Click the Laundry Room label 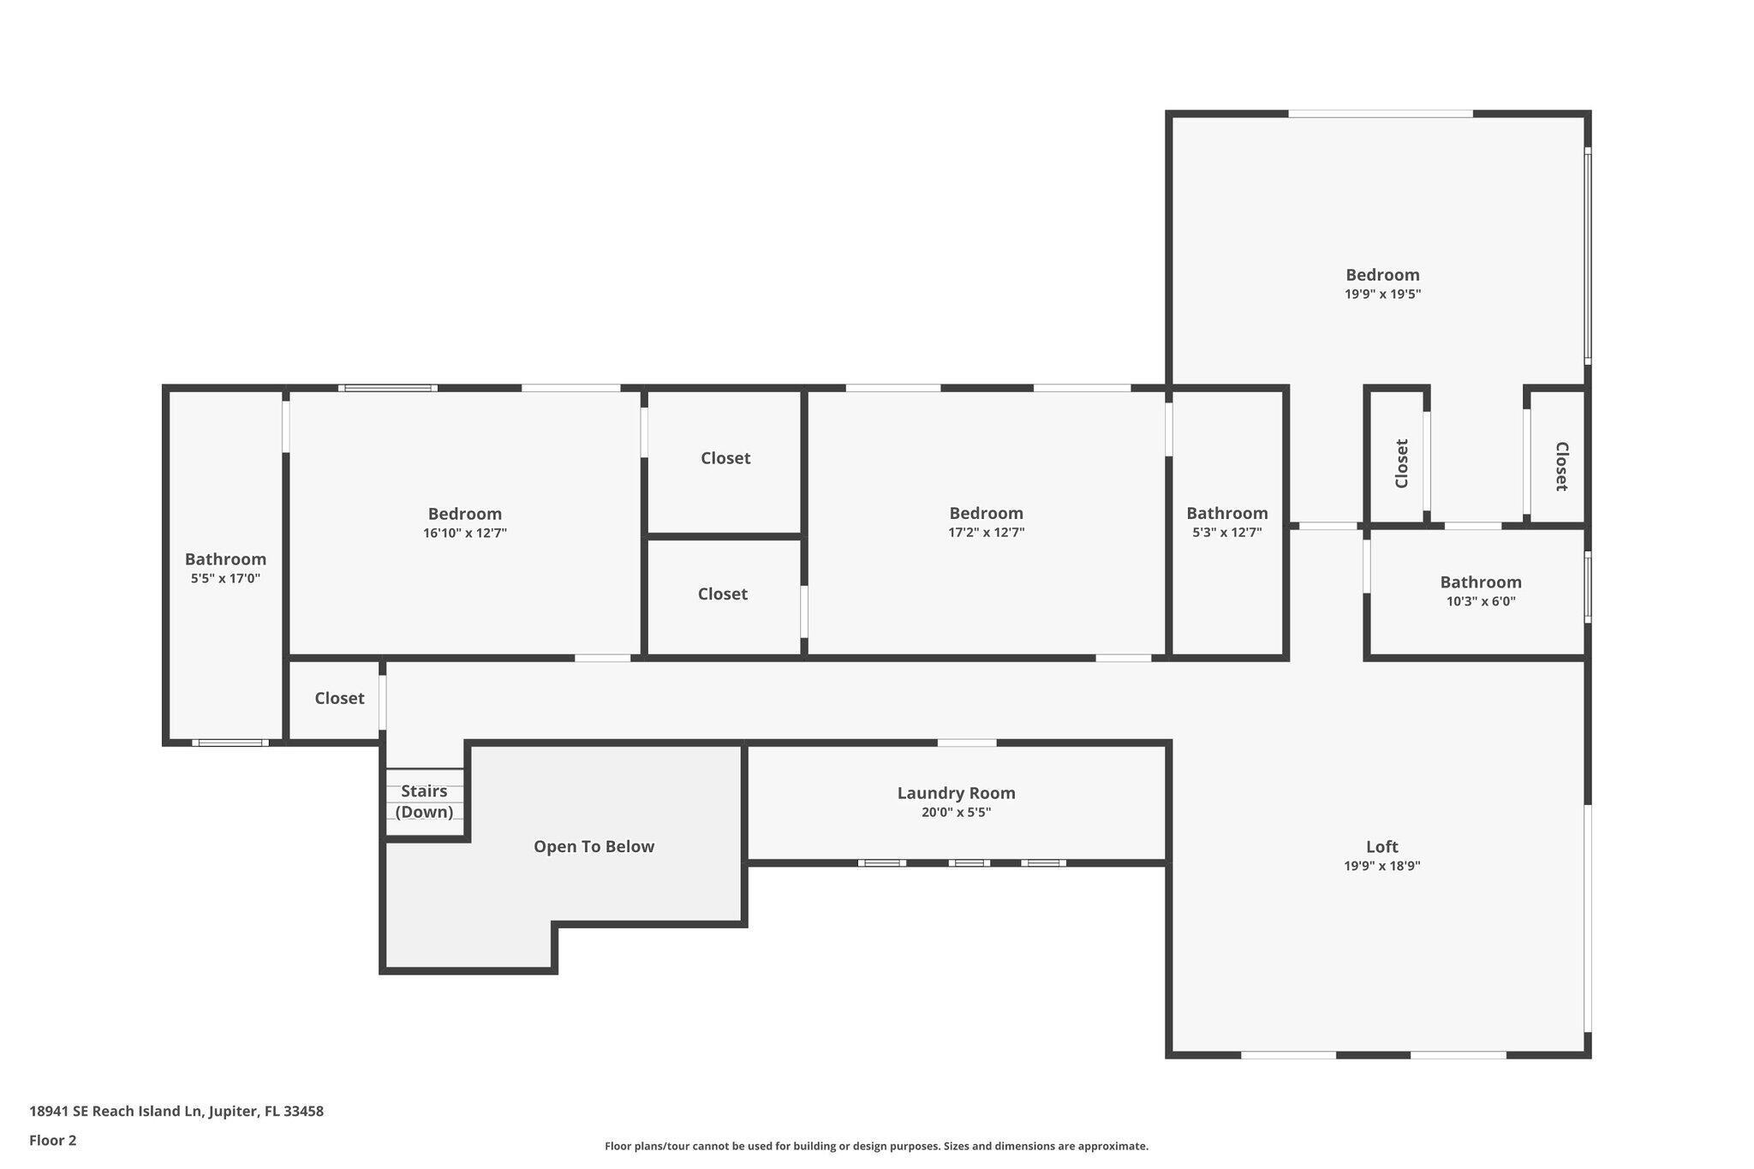point(956,793)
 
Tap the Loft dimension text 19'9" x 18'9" point(1381,866)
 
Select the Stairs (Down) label point(424,801)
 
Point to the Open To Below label point(594,846)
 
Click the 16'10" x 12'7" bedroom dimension point(464,533)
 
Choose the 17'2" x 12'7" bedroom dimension point(986,532)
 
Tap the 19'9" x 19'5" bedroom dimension point(1382,294)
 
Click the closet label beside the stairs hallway point(339,698)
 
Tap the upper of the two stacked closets point(725,458)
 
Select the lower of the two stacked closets point(722,593)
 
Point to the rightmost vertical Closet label point(1561,466)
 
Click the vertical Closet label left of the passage point(1401,463)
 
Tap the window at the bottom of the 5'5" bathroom point(230,743)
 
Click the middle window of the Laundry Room point(969,862)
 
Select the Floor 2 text point(53,1140)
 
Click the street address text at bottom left point(176,1111)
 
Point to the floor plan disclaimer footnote point(876,1146)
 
